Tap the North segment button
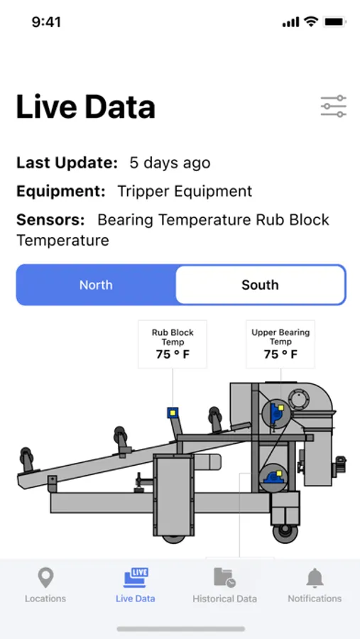[x=97, y=285]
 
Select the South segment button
[x=260, y=285]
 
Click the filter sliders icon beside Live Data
[x=334, y=106]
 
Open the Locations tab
[x=45, y=586]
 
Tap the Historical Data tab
[x=224, y=586]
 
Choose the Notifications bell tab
[x=315, y=586]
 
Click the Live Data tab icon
[x=136, y=578]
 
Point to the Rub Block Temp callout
[x=173, y=344]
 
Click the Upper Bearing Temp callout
[x=280, y=344]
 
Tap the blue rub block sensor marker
[x=173, y=413]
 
